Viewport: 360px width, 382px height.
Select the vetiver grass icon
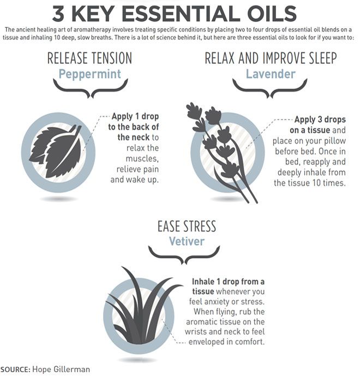tap(145, 308)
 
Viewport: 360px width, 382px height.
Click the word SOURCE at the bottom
tap(15, 370)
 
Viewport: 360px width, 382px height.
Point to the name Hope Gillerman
tap(60, 370)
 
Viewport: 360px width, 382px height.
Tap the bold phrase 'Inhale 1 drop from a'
tap(228, 282)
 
